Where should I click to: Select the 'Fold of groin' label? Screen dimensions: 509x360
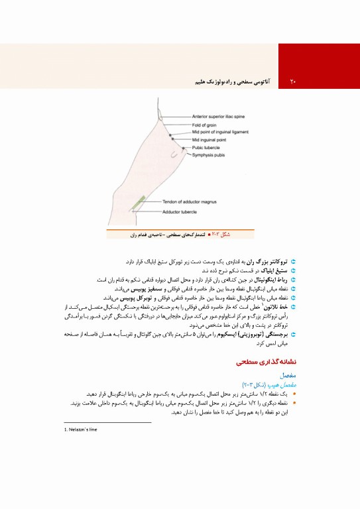pyautogui.click(x=206, y=125)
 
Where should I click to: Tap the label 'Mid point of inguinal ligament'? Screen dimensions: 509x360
pyautogui.click(x=221, y=133)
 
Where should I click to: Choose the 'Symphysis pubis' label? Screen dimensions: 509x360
pyautogui.click(x=210, y=155)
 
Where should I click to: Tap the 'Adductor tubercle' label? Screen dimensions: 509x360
pyautogui.click(x=182, y=212)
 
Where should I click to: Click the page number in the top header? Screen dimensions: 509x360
pyautogui.click(x=292, y=82)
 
